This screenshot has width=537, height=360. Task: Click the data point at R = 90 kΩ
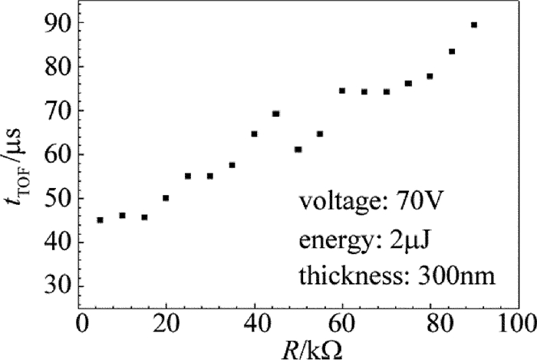point(474,25)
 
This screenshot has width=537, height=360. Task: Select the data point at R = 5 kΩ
point(100,220)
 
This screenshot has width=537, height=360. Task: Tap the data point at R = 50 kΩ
point(298,150)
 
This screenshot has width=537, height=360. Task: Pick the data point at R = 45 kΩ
point(276,114)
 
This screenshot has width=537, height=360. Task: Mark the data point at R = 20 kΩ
point(166,198)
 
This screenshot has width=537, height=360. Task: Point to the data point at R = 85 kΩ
point(452,51)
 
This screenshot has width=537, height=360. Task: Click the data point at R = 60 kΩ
point(342,91)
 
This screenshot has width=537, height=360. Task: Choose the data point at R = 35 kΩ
point(232,165)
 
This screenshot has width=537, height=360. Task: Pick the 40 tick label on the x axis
point(255,321)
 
